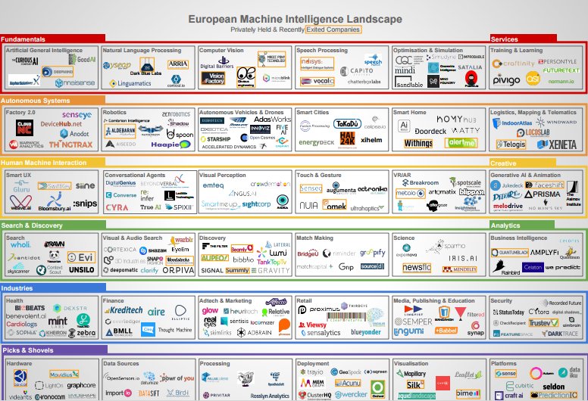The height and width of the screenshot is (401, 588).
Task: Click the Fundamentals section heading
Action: click(x=23, y=39)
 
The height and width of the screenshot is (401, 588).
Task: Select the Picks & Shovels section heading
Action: click(x=27, y=350)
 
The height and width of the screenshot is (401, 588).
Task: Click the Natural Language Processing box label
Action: click(x=142, y=51)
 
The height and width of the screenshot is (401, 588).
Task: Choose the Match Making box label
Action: click(x=314, y=238)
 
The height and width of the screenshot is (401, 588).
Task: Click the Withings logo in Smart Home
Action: click(x=418, y=143)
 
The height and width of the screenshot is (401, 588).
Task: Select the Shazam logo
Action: click(x=158, y=250)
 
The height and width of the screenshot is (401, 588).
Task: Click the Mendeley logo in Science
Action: click(x=459, y=269)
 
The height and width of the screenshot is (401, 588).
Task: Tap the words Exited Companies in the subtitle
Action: click(x=333, y=29)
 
